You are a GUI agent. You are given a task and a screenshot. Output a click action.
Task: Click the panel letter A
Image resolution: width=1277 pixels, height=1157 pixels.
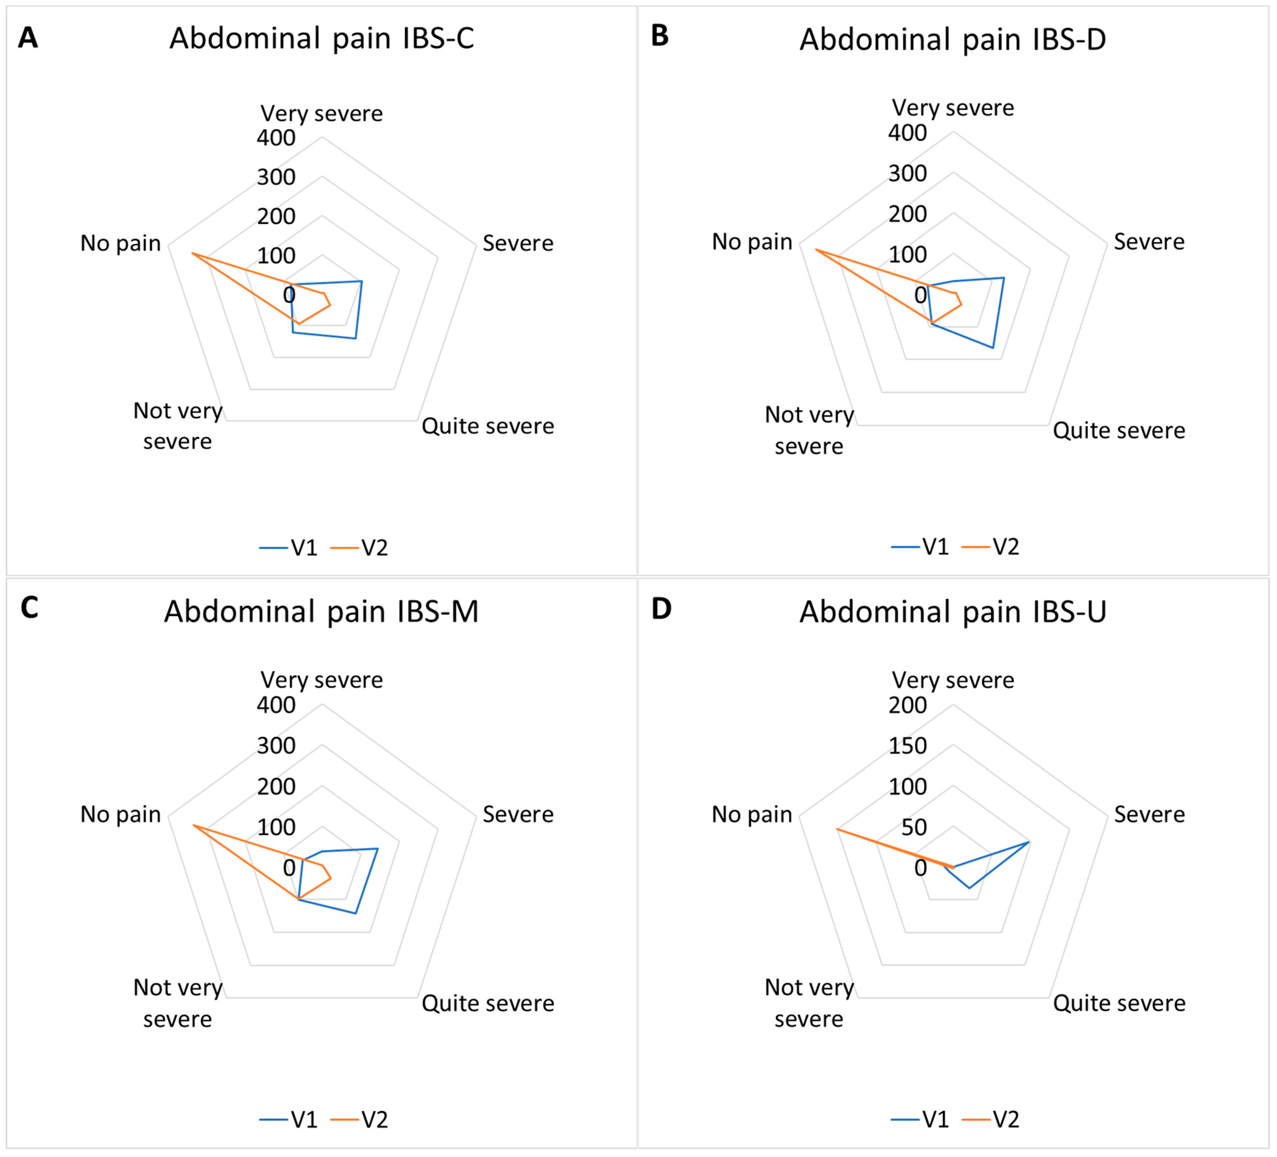(28, 38)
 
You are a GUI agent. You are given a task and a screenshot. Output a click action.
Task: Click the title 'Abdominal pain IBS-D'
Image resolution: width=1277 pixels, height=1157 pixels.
(952, 39)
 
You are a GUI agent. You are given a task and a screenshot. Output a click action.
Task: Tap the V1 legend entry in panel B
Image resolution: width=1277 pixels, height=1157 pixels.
(920, 547)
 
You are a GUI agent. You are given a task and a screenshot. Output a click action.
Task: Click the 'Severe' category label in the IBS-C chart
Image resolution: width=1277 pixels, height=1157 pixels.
(518, 243)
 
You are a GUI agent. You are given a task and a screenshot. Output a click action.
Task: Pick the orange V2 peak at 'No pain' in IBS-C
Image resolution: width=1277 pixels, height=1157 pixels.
(193, 253)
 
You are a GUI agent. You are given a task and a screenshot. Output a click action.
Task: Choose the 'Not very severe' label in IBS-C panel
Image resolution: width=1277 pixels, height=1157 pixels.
(178, 426)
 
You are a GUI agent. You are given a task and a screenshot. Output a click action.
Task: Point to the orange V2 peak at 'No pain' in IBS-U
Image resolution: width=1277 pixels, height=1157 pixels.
(837, 829)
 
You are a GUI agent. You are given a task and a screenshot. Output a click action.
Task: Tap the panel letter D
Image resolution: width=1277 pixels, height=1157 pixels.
(661, 609)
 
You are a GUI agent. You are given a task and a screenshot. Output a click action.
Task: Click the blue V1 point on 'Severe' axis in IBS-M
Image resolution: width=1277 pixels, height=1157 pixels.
(378, 849)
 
